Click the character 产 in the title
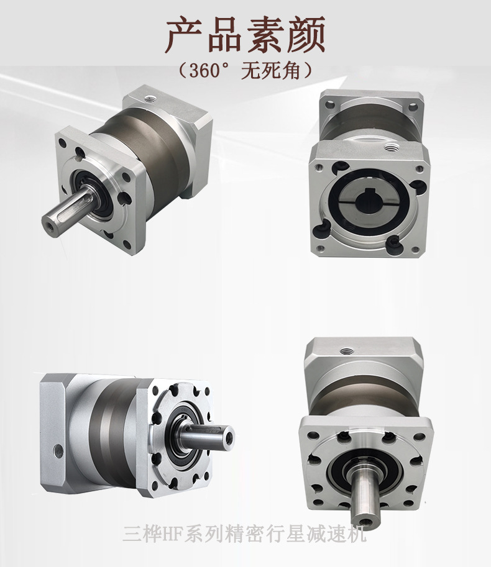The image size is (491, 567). coord(184,34)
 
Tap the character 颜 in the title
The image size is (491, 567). coord(306,34)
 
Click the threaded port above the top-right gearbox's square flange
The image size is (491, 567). coord(392,148)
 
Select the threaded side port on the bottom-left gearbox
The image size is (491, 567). coord(58,451)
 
